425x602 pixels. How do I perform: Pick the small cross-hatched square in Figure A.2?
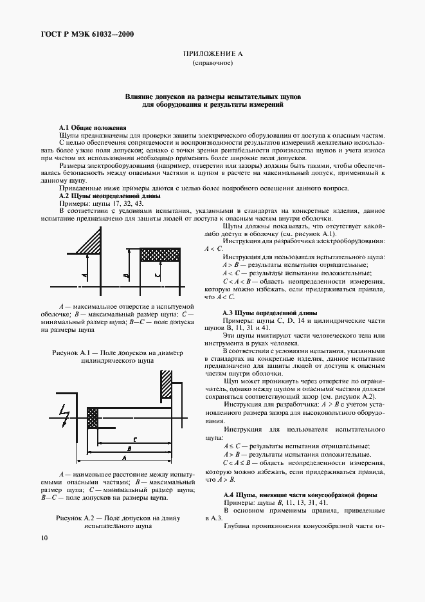click(x=92, y=419)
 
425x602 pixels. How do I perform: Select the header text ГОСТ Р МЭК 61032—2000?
click(x=89, y=35)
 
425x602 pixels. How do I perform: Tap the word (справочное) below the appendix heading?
click(x=212, y=65)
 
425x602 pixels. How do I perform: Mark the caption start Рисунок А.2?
click(x=81, y=518)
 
